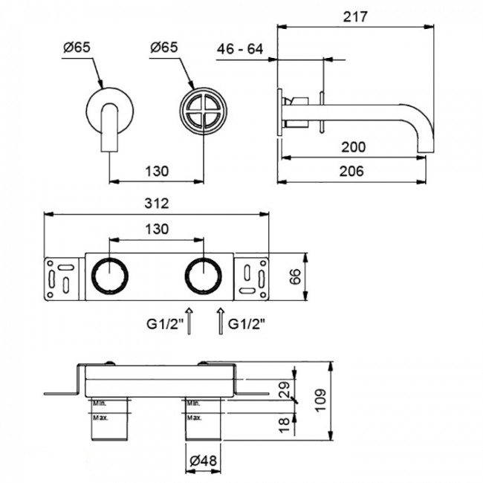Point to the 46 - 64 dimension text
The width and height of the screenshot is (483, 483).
(x=240, y=49)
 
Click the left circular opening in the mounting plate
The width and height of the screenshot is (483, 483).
(x=109, y=277)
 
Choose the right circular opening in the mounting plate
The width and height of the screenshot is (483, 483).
(x=204, y=277)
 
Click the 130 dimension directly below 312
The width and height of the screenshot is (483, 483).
(x=156, y=229)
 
